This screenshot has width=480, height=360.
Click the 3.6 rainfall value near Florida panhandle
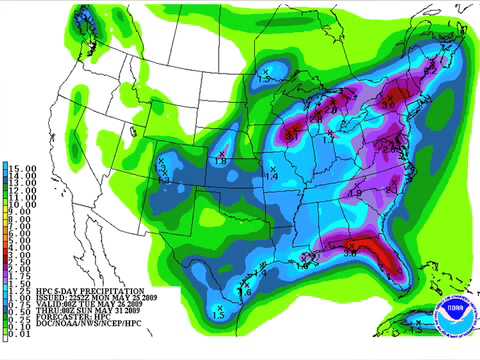(351, 256)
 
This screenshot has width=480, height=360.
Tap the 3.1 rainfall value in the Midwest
(292, 131)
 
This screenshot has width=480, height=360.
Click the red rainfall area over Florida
(378, 254)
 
